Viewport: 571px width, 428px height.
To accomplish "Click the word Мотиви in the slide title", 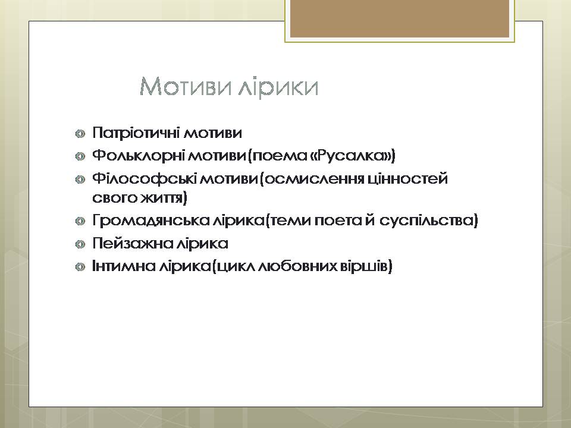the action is pyautogui.click(x=186, y=87).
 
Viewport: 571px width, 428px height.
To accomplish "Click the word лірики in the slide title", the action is pyautogui.click(x=278, y=87).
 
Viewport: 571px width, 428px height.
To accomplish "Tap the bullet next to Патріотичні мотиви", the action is pyautogui.click(x=80, y=134).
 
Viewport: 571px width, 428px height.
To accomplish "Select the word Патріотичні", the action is pyautogui.click(x=136, y=133).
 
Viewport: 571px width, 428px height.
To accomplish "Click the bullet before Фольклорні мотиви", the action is pyautogui.click(x=80, y=157).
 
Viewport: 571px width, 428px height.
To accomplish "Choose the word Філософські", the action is pyautogui.click(x=145, y=179).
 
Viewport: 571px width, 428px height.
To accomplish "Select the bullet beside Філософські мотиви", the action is pyautogui.click(x=80, y=180).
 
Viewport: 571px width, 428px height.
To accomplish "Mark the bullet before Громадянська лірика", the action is pyautogui.click(x=80, y=222).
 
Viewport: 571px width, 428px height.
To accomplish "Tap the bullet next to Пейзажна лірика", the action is pyautogui.click(x=80, y=244).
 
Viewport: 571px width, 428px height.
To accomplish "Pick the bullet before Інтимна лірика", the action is pyautogui.click(x=80, y=267).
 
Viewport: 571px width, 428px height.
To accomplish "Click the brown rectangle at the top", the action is pyautogui.click(x=400, y=18).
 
